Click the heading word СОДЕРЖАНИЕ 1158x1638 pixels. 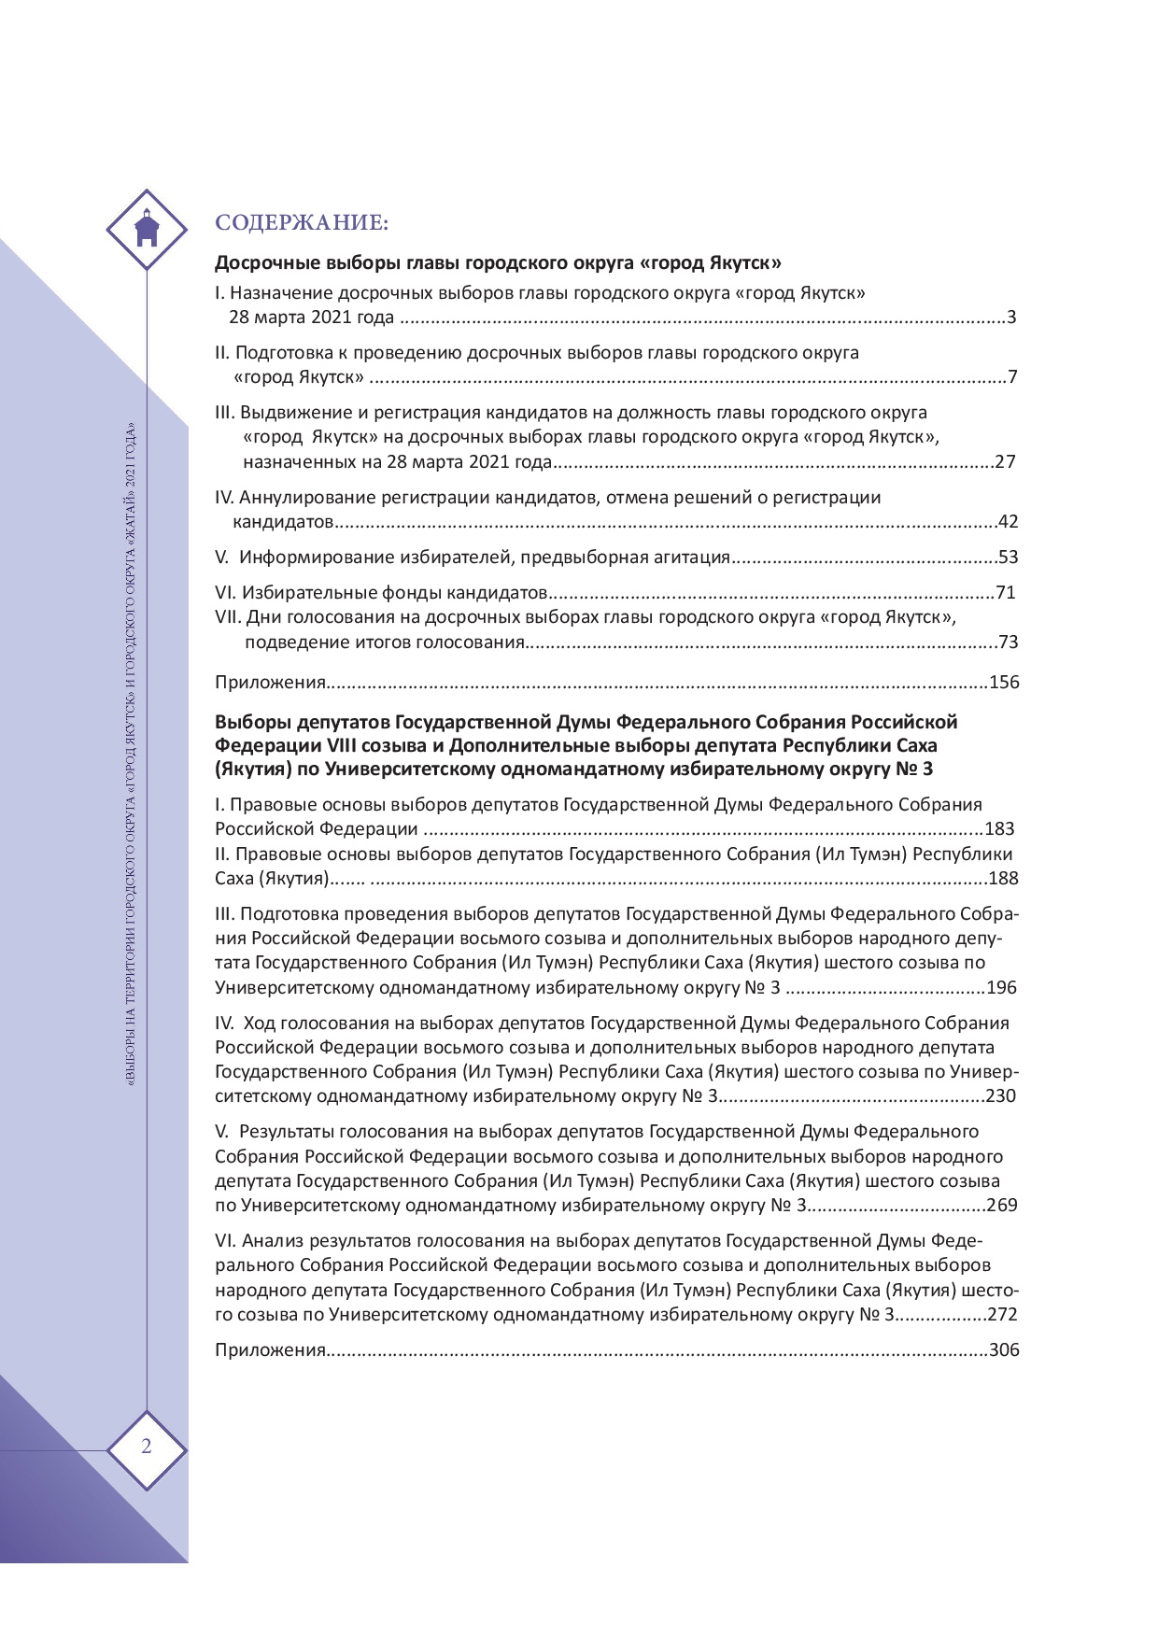pos(301,222)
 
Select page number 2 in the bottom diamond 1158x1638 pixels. pos(147,1447)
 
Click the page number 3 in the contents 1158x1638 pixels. pos(1011,318)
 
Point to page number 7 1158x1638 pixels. pos(1011,377)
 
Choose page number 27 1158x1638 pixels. pos(1005,461)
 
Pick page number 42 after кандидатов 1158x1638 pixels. pos(1008,521)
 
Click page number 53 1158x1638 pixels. pos(1008,558)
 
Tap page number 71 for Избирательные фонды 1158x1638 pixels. pos(1005,593)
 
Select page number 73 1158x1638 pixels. pos(1008,642)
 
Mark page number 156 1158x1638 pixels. pos(1004,682)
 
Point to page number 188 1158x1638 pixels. pos(1004,878)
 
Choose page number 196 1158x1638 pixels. pos(1001,988)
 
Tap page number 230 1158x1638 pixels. pos(1000,1096)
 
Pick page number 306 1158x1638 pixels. pos(1004,1350)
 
